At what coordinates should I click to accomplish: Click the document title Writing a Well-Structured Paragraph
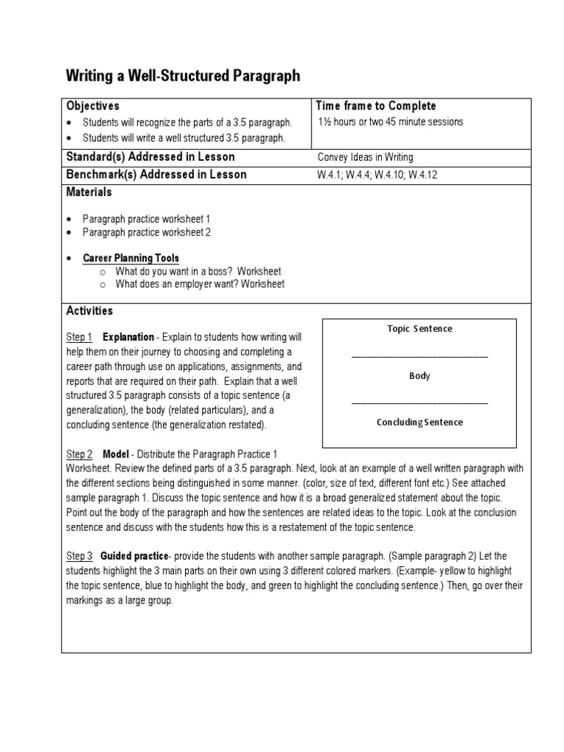(x=183, y=76)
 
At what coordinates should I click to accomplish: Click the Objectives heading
(x=93, y=106)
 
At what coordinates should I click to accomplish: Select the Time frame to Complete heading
(x=375, y=106)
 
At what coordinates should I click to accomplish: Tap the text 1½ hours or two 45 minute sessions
(x=391, y=122)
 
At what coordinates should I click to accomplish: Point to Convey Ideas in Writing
(x=365, y=157)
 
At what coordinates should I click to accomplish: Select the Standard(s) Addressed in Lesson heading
(x=151, y=157)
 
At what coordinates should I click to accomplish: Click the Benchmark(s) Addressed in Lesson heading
(x=156, y=175)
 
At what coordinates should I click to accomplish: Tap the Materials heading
(x=89, y=192)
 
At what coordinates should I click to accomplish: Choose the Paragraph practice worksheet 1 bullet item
(x=147, y=219)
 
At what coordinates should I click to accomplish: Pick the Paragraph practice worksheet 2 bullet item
(x=147, y=232)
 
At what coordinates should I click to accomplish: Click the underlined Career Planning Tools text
(x=131, y=258)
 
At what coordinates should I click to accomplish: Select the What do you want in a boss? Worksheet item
(x=198, y=272)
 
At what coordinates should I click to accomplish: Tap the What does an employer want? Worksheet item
(x=200, y=284)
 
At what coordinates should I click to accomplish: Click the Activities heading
(x=90, y=311)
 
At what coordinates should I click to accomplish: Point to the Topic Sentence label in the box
(x=419, y=329)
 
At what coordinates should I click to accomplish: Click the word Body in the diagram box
(x=419, y=376)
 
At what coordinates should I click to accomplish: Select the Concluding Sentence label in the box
(x=419, y=422)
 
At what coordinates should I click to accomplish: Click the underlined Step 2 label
(x=79, y=455)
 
